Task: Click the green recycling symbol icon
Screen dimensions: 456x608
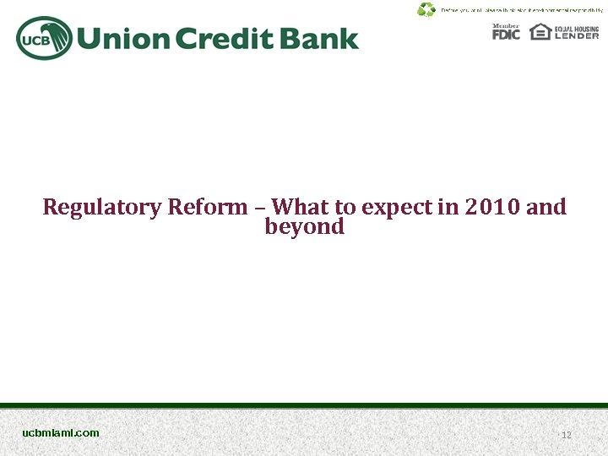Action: click(x=426, y=9)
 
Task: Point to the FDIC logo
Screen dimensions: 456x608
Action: click(x=506, y=35)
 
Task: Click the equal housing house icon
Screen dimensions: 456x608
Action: click(x=540, y=31)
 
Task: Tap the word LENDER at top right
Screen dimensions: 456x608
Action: click(x=577, y=35)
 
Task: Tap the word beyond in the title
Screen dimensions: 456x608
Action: click(x=304, y=227)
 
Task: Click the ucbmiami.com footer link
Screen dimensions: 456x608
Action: click(x=61, y=432)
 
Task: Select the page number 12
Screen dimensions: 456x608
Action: click(x=567, y=435)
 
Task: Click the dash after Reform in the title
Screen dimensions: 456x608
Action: click(x=260, y=207)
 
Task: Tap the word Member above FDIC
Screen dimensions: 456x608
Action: click(x=506, y=25)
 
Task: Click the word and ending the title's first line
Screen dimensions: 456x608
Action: click(x=546, y=207)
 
